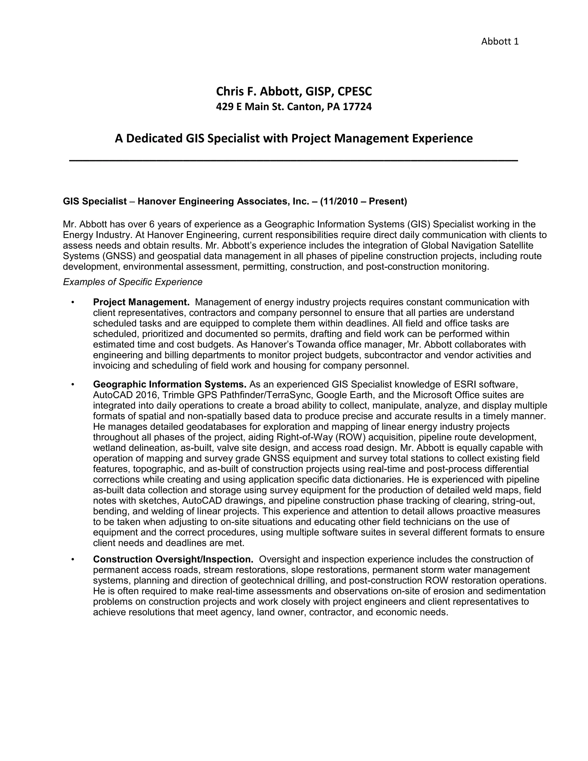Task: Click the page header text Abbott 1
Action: click(x=500, y=41)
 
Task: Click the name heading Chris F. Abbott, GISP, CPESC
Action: click(x=294, y=91)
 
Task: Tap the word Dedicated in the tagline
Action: click(x=154, y=138)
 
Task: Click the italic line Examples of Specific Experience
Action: click(x=132, y=282)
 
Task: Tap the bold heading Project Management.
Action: click(x=141, y=302)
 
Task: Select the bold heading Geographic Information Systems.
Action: click(x=170, y=384)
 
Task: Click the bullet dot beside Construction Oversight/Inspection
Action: click(x=73, y=560)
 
